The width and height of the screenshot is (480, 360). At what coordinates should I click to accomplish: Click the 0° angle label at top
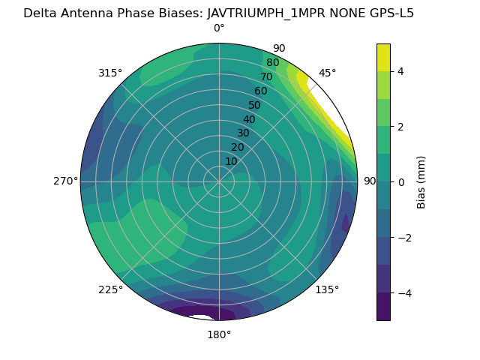point(219,28)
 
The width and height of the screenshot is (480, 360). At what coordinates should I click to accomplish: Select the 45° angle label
point(328,73)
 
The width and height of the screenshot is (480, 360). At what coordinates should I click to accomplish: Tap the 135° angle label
point(327,290)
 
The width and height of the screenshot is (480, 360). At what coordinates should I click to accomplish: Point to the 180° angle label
point(219,334)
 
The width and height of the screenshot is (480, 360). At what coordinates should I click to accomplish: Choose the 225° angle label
point(110,290)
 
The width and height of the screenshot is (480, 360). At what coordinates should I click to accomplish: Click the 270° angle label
point(65,181)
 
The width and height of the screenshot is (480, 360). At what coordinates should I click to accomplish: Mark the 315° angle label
point(110,73)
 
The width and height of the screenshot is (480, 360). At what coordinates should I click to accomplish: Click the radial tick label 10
point(231,161)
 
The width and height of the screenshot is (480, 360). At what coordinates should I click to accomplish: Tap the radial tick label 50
point(254,106)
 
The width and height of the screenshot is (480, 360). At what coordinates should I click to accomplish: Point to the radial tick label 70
point(266,77)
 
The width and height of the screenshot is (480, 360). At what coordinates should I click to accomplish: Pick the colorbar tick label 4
point(400,71)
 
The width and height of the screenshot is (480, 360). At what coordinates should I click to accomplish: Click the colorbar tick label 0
point(400,182)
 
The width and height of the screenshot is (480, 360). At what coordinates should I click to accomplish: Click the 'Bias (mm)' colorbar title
point(421,181)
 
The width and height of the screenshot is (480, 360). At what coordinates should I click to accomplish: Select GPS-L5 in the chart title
point(387,13)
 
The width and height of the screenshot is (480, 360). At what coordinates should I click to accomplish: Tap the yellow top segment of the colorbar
point(383,57)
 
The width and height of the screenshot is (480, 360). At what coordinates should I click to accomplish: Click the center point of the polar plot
point(219,181)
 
